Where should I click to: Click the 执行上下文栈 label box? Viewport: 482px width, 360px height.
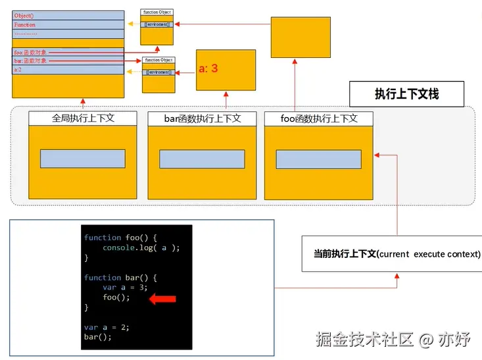(406, 94)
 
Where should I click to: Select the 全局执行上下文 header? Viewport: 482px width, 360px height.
(83, 118)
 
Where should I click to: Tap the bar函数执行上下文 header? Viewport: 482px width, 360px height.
(202, 118)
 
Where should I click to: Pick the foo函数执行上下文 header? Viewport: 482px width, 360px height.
(318, 118)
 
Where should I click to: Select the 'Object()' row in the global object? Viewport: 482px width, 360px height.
(68, 15)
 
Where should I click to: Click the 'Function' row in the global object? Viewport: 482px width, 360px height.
(68, 24)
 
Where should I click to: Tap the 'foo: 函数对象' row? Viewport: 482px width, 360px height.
(68, 51)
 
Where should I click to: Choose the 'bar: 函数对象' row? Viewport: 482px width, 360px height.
(68, 61)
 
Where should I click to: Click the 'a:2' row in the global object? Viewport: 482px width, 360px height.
(68, 70)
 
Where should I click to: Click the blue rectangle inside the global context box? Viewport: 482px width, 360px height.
(83, 159)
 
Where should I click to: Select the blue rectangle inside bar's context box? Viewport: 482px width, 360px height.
(202, 159)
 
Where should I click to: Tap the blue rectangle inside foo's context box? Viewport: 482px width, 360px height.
(318, 159)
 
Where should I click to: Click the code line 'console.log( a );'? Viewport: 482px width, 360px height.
(141, 247)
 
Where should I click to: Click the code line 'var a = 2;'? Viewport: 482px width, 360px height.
(107, 327)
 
